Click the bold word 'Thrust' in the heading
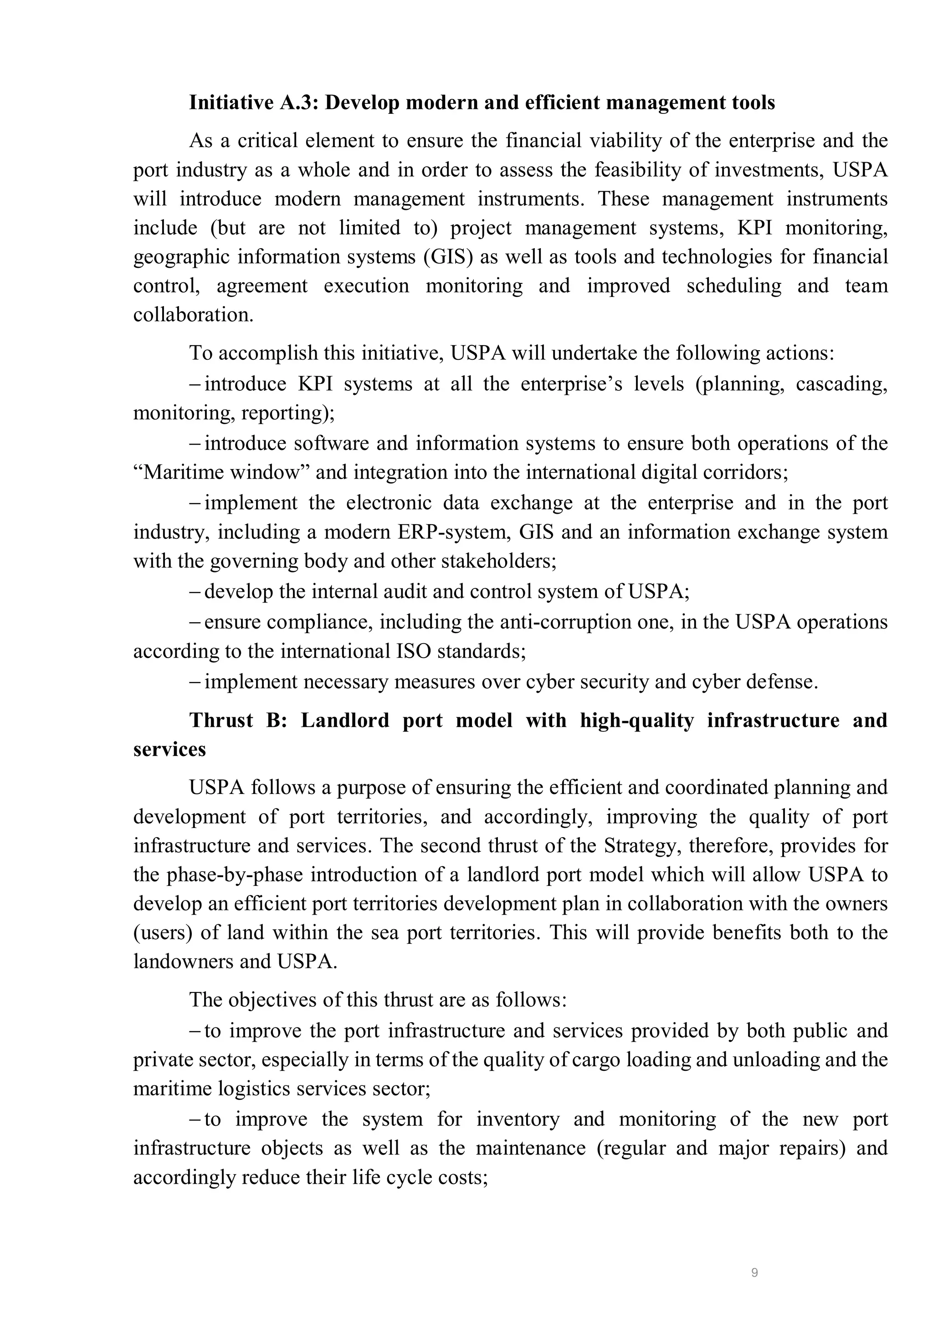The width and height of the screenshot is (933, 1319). pyautogui.click(x=221, y=721)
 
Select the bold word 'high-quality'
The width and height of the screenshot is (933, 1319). pyautogui.click(x=636, y=721)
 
